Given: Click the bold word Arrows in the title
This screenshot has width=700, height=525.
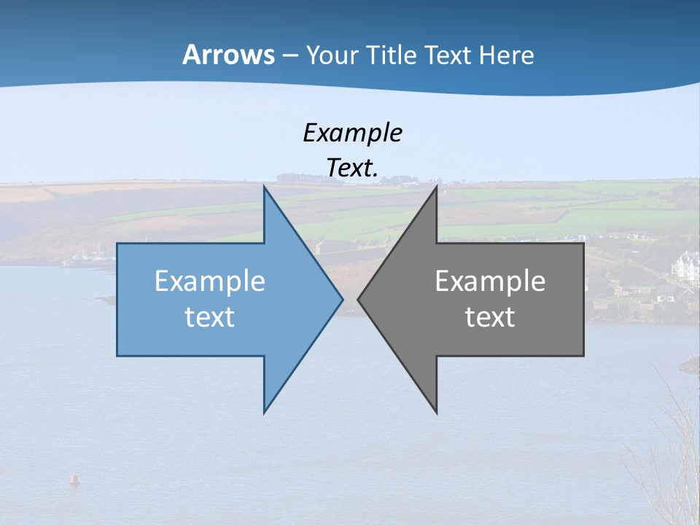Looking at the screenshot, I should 228,55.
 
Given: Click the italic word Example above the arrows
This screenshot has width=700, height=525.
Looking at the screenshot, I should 352,133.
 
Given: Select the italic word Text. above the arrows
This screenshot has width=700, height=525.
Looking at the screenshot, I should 352,168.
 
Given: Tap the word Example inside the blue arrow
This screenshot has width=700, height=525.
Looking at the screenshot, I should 210,281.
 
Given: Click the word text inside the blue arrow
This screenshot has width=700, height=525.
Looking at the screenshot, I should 210,317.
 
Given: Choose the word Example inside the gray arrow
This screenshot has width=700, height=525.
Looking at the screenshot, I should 490,281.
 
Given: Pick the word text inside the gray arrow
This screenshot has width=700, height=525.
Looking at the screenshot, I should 490,317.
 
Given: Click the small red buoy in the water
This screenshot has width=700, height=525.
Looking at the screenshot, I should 73,479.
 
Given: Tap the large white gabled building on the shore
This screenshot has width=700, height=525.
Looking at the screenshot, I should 686,266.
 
